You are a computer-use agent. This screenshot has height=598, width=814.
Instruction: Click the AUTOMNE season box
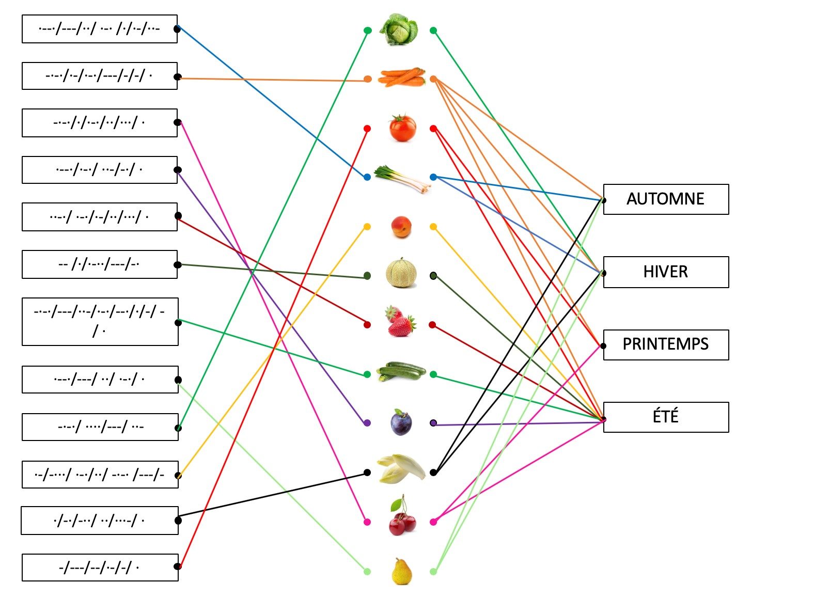tap(665, 199)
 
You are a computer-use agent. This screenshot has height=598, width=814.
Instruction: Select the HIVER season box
tap(665, 272)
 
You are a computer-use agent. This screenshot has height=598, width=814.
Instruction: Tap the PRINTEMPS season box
tap(665, 344)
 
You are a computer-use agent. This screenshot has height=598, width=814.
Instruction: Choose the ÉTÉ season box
tap(665, 417)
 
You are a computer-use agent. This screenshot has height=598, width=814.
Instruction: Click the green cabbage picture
tap(399, 29)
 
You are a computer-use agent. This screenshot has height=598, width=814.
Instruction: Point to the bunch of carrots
tap(401, 77)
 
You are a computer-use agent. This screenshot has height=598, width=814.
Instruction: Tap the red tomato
tap(402, 128)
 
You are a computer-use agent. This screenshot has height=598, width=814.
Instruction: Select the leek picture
tap(402, 179)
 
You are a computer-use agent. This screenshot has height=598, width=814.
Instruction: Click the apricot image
tap(401, 227)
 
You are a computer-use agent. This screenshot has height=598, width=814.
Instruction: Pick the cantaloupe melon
tap(401, 273)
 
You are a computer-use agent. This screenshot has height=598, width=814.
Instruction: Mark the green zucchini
tap(401, 371)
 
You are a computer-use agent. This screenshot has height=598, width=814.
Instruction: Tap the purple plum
tap(401, 422)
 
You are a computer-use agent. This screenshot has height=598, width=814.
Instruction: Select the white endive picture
tap(400, 468)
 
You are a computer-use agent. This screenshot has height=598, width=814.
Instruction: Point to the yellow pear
tap(402, 571)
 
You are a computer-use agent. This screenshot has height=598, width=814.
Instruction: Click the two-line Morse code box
tap(100, 322)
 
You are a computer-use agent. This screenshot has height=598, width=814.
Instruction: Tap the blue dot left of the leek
tap(367, 177)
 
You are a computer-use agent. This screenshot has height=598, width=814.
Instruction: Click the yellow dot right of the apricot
tap(433, 227)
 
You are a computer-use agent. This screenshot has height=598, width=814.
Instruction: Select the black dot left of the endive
tap(367, 472)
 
